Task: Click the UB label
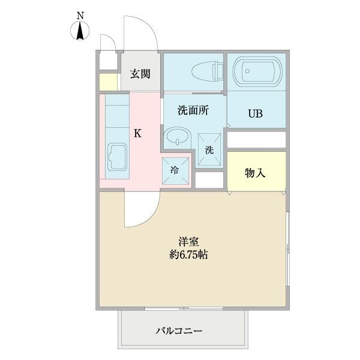[256, 113]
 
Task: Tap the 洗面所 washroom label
[192, 110]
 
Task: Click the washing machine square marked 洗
[209, 148]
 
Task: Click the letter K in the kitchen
[137, 133]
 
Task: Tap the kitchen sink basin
[117, 160]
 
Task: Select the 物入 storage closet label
[255, 173]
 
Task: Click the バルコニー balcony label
[179, 331]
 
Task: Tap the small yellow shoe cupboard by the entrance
[108, 81]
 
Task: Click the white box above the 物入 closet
[256, 139]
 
